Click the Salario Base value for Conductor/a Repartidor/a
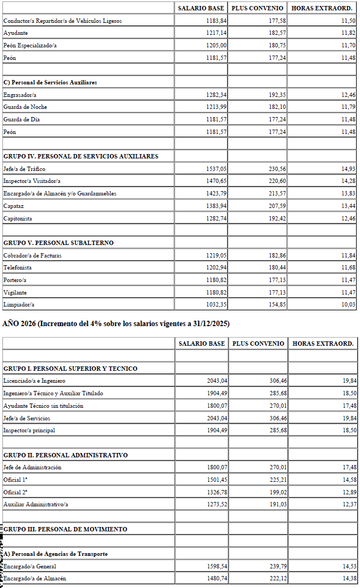coord(216,21)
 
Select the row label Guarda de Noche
coord(25,107)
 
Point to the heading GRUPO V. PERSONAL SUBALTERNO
coord(58,243)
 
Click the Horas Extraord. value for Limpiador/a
coord(349,305)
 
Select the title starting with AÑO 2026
coord(116,324)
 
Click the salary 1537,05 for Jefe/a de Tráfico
coord(216,169)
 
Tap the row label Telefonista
coord(17,268)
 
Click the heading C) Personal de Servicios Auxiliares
coord(50,82)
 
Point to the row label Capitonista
coord(17,219)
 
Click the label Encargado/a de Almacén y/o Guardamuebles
coord(60,194)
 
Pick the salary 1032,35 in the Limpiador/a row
coord(216,305)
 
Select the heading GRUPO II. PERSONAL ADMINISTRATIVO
coord(65,455)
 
